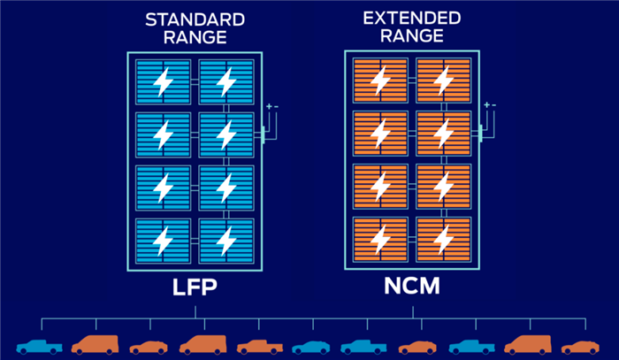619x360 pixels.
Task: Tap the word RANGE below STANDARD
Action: point(194,36)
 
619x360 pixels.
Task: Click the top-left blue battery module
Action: point(164,82)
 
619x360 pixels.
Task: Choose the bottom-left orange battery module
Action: point(380,239)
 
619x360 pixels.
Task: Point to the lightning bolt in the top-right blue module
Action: point(226,82)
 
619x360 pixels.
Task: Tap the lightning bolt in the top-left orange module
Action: point(380,81)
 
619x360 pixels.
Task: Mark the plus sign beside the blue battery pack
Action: point(268,107)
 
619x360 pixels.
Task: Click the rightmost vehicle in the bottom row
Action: point(580,346)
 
